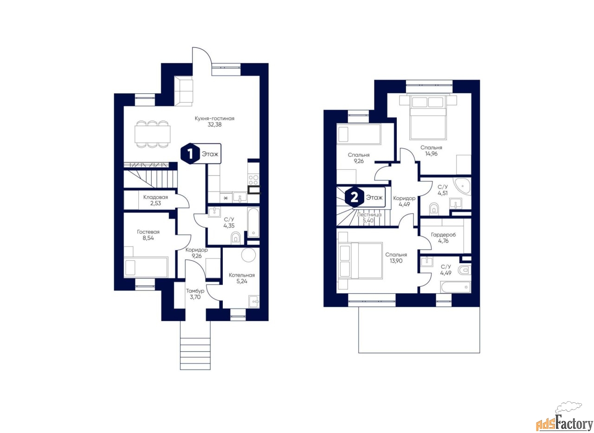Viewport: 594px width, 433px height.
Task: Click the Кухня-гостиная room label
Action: pyautogui.click(x=214, y=118)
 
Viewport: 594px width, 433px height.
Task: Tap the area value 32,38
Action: pyautogui.click(x=214, y=125)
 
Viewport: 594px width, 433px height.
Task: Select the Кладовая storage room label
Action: pyautogui.click(x=155, y=197)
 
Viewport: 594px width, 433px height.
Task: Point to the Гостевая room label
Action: pyautogui.click(x=148, y=232)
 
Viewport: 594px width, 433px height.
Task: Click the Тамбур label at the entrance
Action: pyautogui.click(x=195, y=291)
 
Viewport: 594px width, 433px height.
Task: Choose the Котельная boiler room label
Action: pyautogui.click(x=242, y=275)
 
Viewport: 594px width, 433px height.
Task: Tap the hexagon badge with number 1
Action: pyautogui.click(x=190, y=154)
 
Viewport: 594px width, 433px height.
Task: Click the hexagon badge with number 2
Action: pyautogui.click(x=354, y=198)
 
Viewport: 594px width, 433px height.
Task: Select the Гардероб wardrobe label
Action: pyautogui.click(x=443, y=235)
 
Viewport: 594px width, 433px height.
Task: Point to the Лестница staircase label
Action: pyautogui.click(x=369, y=214)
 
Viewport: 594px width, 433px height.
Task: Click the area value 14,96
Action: pyautogui.click(x=431, y=154)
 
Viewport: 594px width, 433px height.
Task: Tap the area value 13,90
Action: pyautogui.click(x=396, y=261)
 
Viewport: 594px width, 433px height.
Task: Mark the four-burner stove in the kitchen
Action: pyautogui.click(x=253, y=180)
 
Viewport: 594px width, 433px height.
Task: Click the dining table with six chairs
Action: pyautogui.click(x=152, y=134)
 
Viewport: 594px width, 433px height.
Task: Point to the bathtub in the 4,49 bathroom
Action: pyautogui.click(x=455, y=287)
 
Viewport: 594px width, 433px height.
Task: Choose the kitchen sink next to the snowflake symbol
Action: pyautogui.click(x=240, y=197)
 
